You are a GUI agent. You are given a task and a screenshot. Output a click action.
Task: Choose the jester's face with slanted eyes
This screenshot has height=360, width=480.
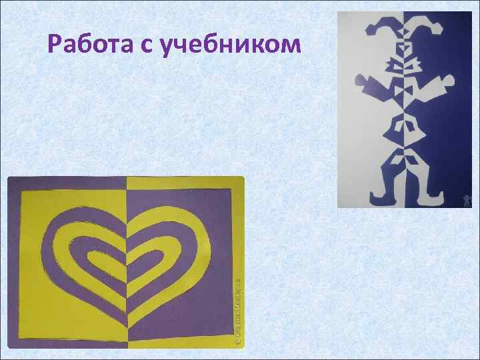[x=405, y=50]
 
